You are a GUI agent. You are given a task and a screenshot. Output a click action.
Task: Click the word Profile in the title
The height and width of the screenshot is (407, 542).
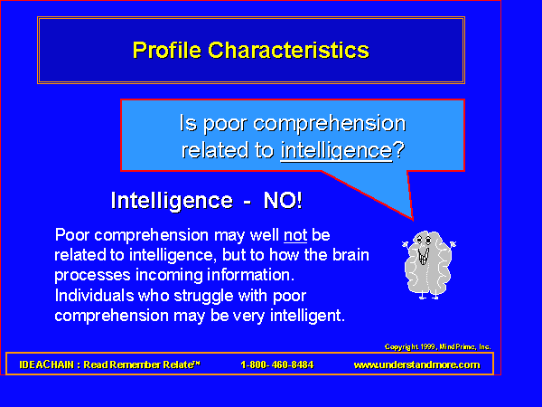(166, 50)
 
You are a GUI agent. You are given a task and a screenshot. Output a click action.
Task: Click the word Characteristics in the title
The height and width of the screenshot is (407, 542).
(289, 50)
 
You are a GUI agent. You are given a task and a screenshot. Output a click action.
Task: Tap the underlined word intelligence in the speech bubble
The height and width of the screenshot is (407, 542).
(336, 151)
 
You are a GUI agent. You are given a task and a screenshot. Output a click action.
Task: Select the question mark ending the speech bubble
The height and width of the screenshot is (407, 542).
(398, 149)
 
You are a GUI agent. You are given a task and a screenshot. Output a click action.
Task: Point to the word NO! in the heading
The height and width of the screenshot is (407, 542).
(283, 200)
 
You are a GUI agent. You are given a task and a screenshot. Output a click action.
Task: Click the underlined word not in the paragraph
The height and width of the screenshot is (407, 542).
(295, 235)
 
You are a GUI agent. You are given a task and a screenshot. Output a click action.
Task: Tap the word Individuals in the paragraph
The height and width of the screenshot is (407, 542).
(94, 296)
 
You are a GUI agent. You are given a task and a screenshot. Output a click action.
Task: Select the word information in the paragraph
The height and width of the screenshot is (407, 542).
(250, 275)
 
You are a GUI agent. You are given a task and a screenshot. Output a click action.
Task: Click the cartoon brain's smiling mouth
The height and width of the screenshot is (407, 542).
(424, 256)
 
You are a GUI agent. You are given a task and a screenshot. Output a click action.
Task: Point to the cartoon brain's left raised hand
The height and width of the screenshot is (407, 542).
(405, 244)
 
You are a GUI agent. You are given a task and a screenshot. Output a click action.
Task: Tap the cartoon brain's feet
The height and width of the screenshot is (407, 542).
(428, 297)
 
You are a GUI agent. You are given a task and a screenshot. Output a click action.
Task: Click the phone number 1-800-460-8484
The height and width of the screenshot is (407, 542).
(277, 364)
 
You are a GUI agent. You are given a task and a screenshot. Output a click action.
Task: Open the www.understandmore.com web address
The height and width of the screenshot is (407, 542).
(416, 364)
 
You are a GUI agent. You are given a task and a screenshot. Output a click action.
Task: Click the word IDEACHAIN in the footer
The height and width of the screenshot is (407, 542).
(47, 364)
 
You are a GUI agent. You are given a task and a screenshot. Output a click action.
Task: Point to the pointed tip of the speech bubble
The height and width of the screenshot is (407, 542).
(413, 220)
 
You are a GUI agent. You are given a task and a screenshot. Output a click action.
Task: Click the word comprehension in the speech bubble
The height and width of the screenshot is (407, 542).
(330, 124)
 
